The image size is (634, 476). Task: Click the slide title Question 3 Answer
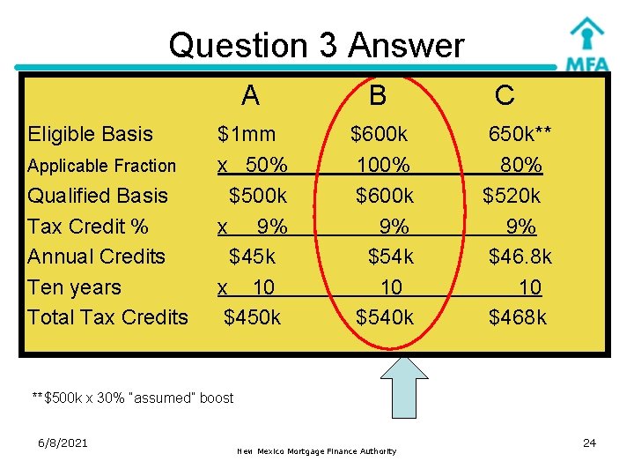pos(316,44)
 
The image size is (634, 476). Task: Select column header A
pos(250,94)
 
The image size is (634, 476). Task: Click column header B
pos(378,94)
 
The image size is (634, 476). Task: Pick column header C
pos(505,94)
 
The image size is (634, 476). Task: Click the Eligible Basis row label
pos(90,134)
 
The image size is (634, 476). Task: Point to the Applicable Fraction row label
pos(101,166)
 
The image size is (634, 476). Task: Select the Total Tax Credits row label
pos(107,317)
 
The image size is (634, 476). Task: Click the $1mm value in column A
pos(247,134)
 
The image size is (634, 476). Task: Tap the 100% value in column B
pos(383,165)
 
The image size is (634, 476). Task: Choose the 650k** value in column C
pos(520,134)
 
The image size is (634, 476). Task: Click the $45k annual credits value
pos(252,257)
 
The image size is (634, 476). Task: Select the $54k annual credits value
pos(390,257)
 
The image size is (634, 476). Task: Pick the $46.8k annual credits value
pos(520,257)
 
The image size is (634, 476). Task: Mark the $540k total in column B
pos(384,317)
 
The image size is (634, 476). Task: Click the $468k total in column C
pos(518,317)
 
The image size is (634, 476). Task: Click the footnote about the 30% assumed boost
pos(132,398)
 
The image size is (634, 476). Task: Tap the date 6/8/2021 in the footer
pos(63,443)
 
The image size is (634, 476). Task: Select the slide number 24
pos(589,443)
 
